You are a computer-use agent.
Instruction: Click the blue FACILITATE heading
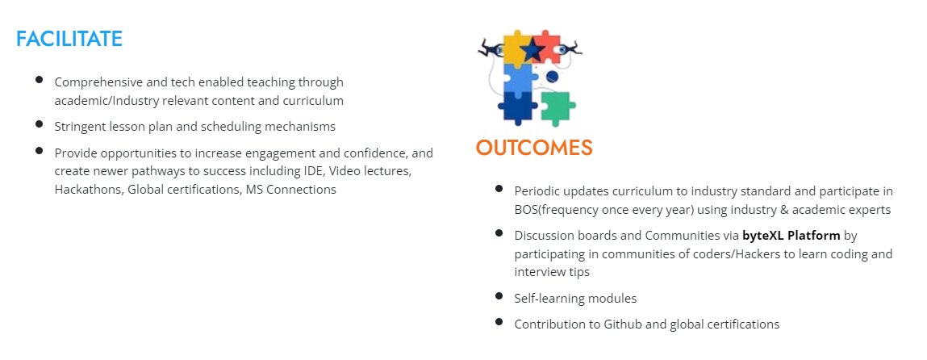(69, 39)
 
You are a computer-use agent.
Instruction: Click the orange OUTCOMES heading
(534, 148)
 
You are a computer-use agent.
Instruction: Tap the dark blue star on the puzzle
(532, 50)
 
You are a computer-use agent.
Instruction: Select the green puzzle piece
(557, 108)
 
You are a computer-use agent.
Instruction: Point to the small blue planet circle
(552, 76)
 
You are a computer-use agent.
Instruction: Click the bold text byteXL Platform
(791, 235)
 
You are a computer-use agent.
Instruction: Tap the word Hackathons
(89, 190)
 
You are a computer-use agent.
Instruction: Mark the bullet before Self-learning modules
(499, 295)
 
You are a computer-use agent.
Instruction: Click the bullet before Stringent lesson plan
(39, 123)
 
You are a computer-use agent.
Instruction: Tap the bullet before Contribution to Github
(499, 321)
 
